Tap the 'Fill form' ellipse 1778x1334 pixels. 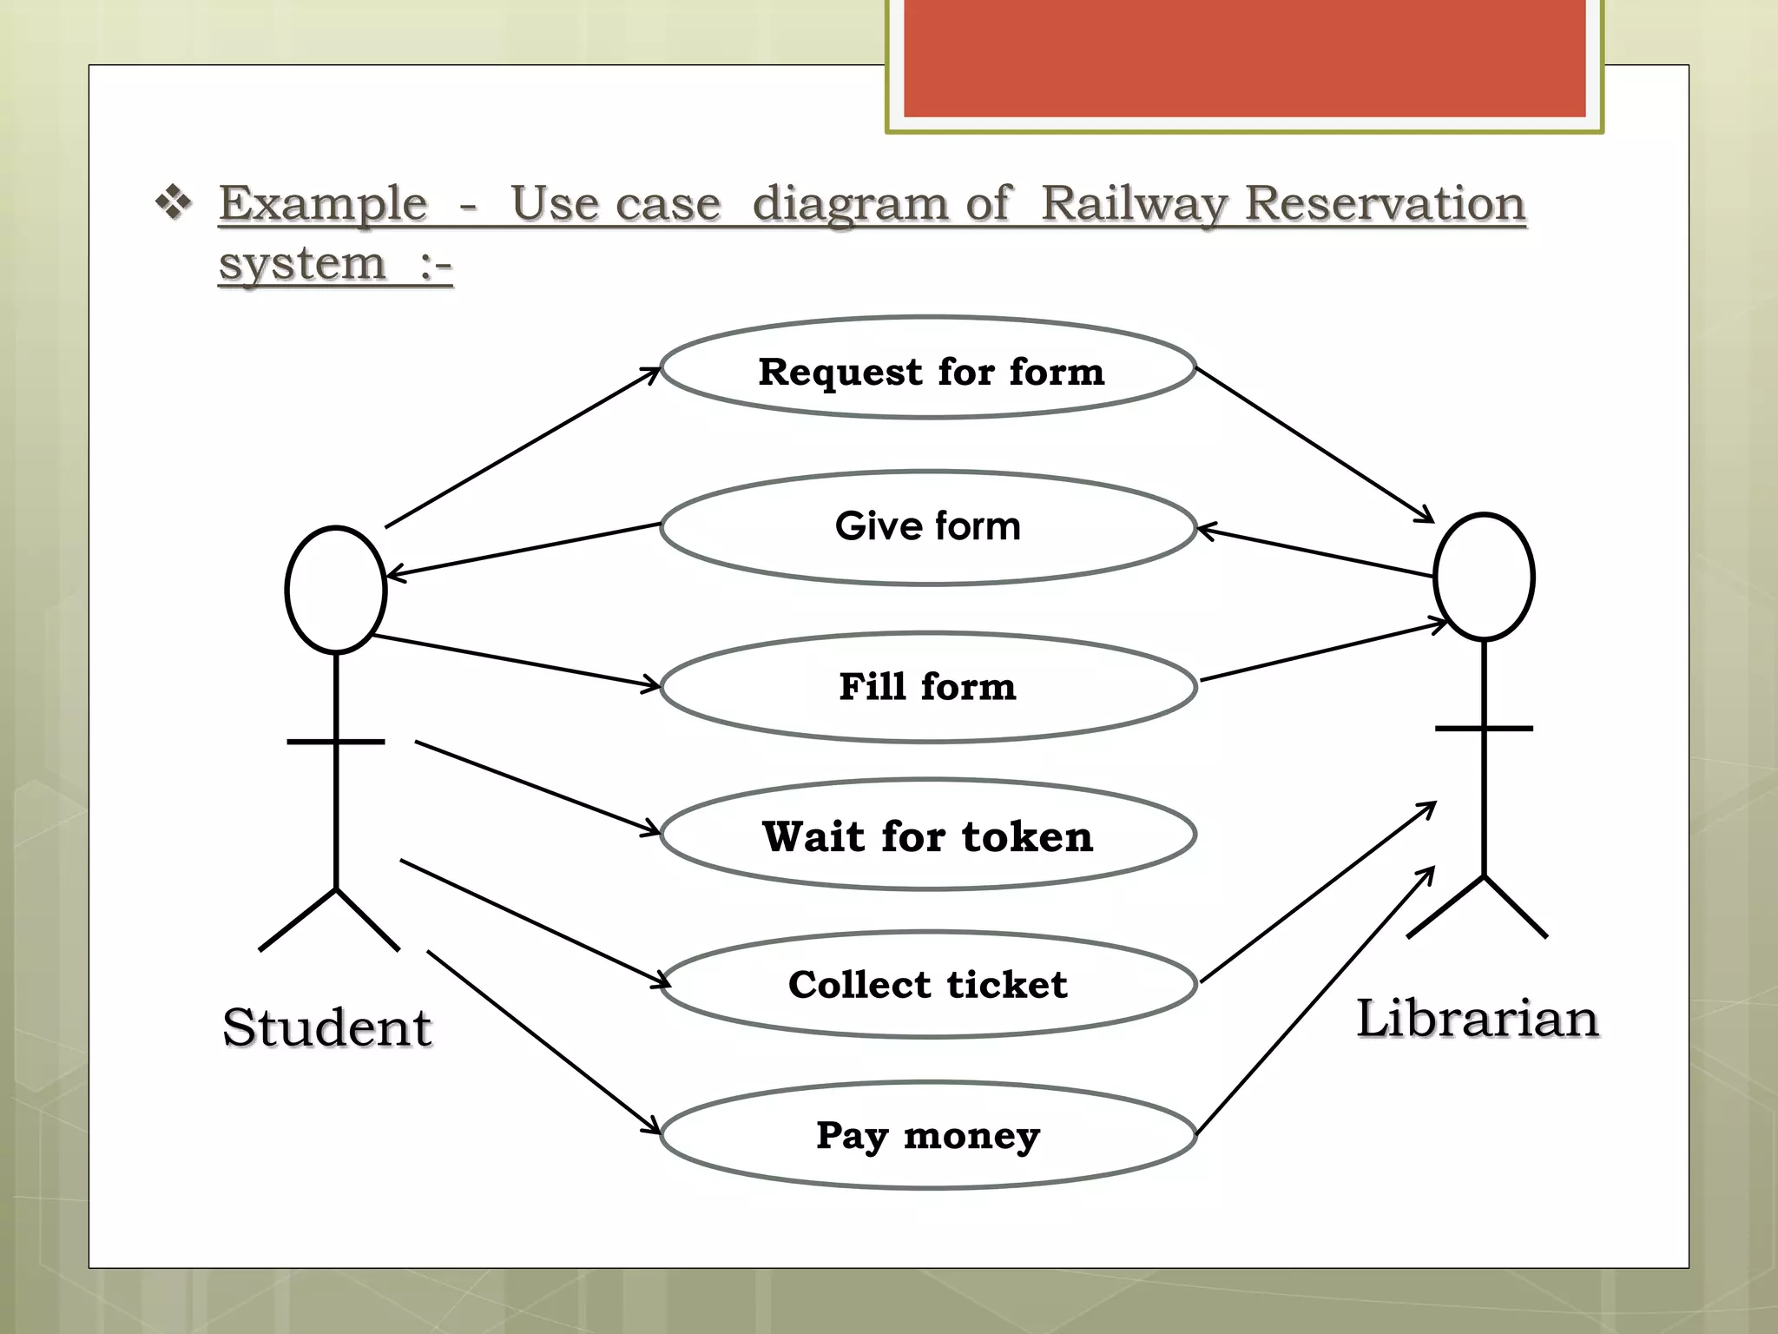pos(928,687)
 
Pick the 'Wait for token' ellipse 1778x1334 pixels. pos(928,835)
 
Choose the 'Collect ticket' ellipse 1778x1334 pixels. pos(928,985)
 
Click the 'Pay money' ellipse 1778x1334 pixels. pos(928,1135)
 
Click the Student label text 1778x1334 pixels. pos(326,1027)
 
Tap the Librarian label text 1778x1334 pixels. pos(1478,1018)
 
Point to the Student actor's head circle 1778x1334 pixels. pos(336,590)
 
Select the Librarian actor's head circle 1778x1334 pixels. pos(1484,577)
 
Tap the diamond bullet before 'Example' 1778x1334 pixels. pos(174,202)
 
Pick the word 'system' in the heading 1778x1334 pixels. pos(301,264)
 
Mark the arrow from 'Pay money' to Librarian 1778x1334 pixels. pos(1316,1000)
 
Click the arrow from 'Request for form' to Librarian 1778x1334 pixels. pos(1314,445)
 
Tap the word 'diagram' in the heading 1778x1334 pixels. pos(850,205)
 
